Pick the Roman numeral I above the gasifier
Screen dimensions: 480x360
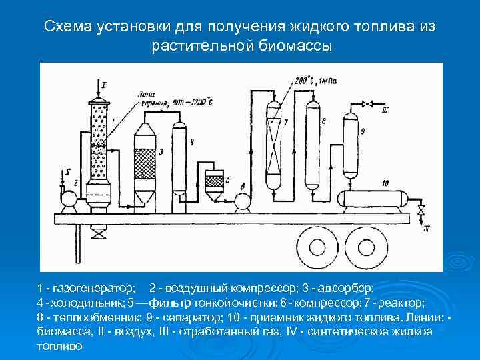click(103, 83)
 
